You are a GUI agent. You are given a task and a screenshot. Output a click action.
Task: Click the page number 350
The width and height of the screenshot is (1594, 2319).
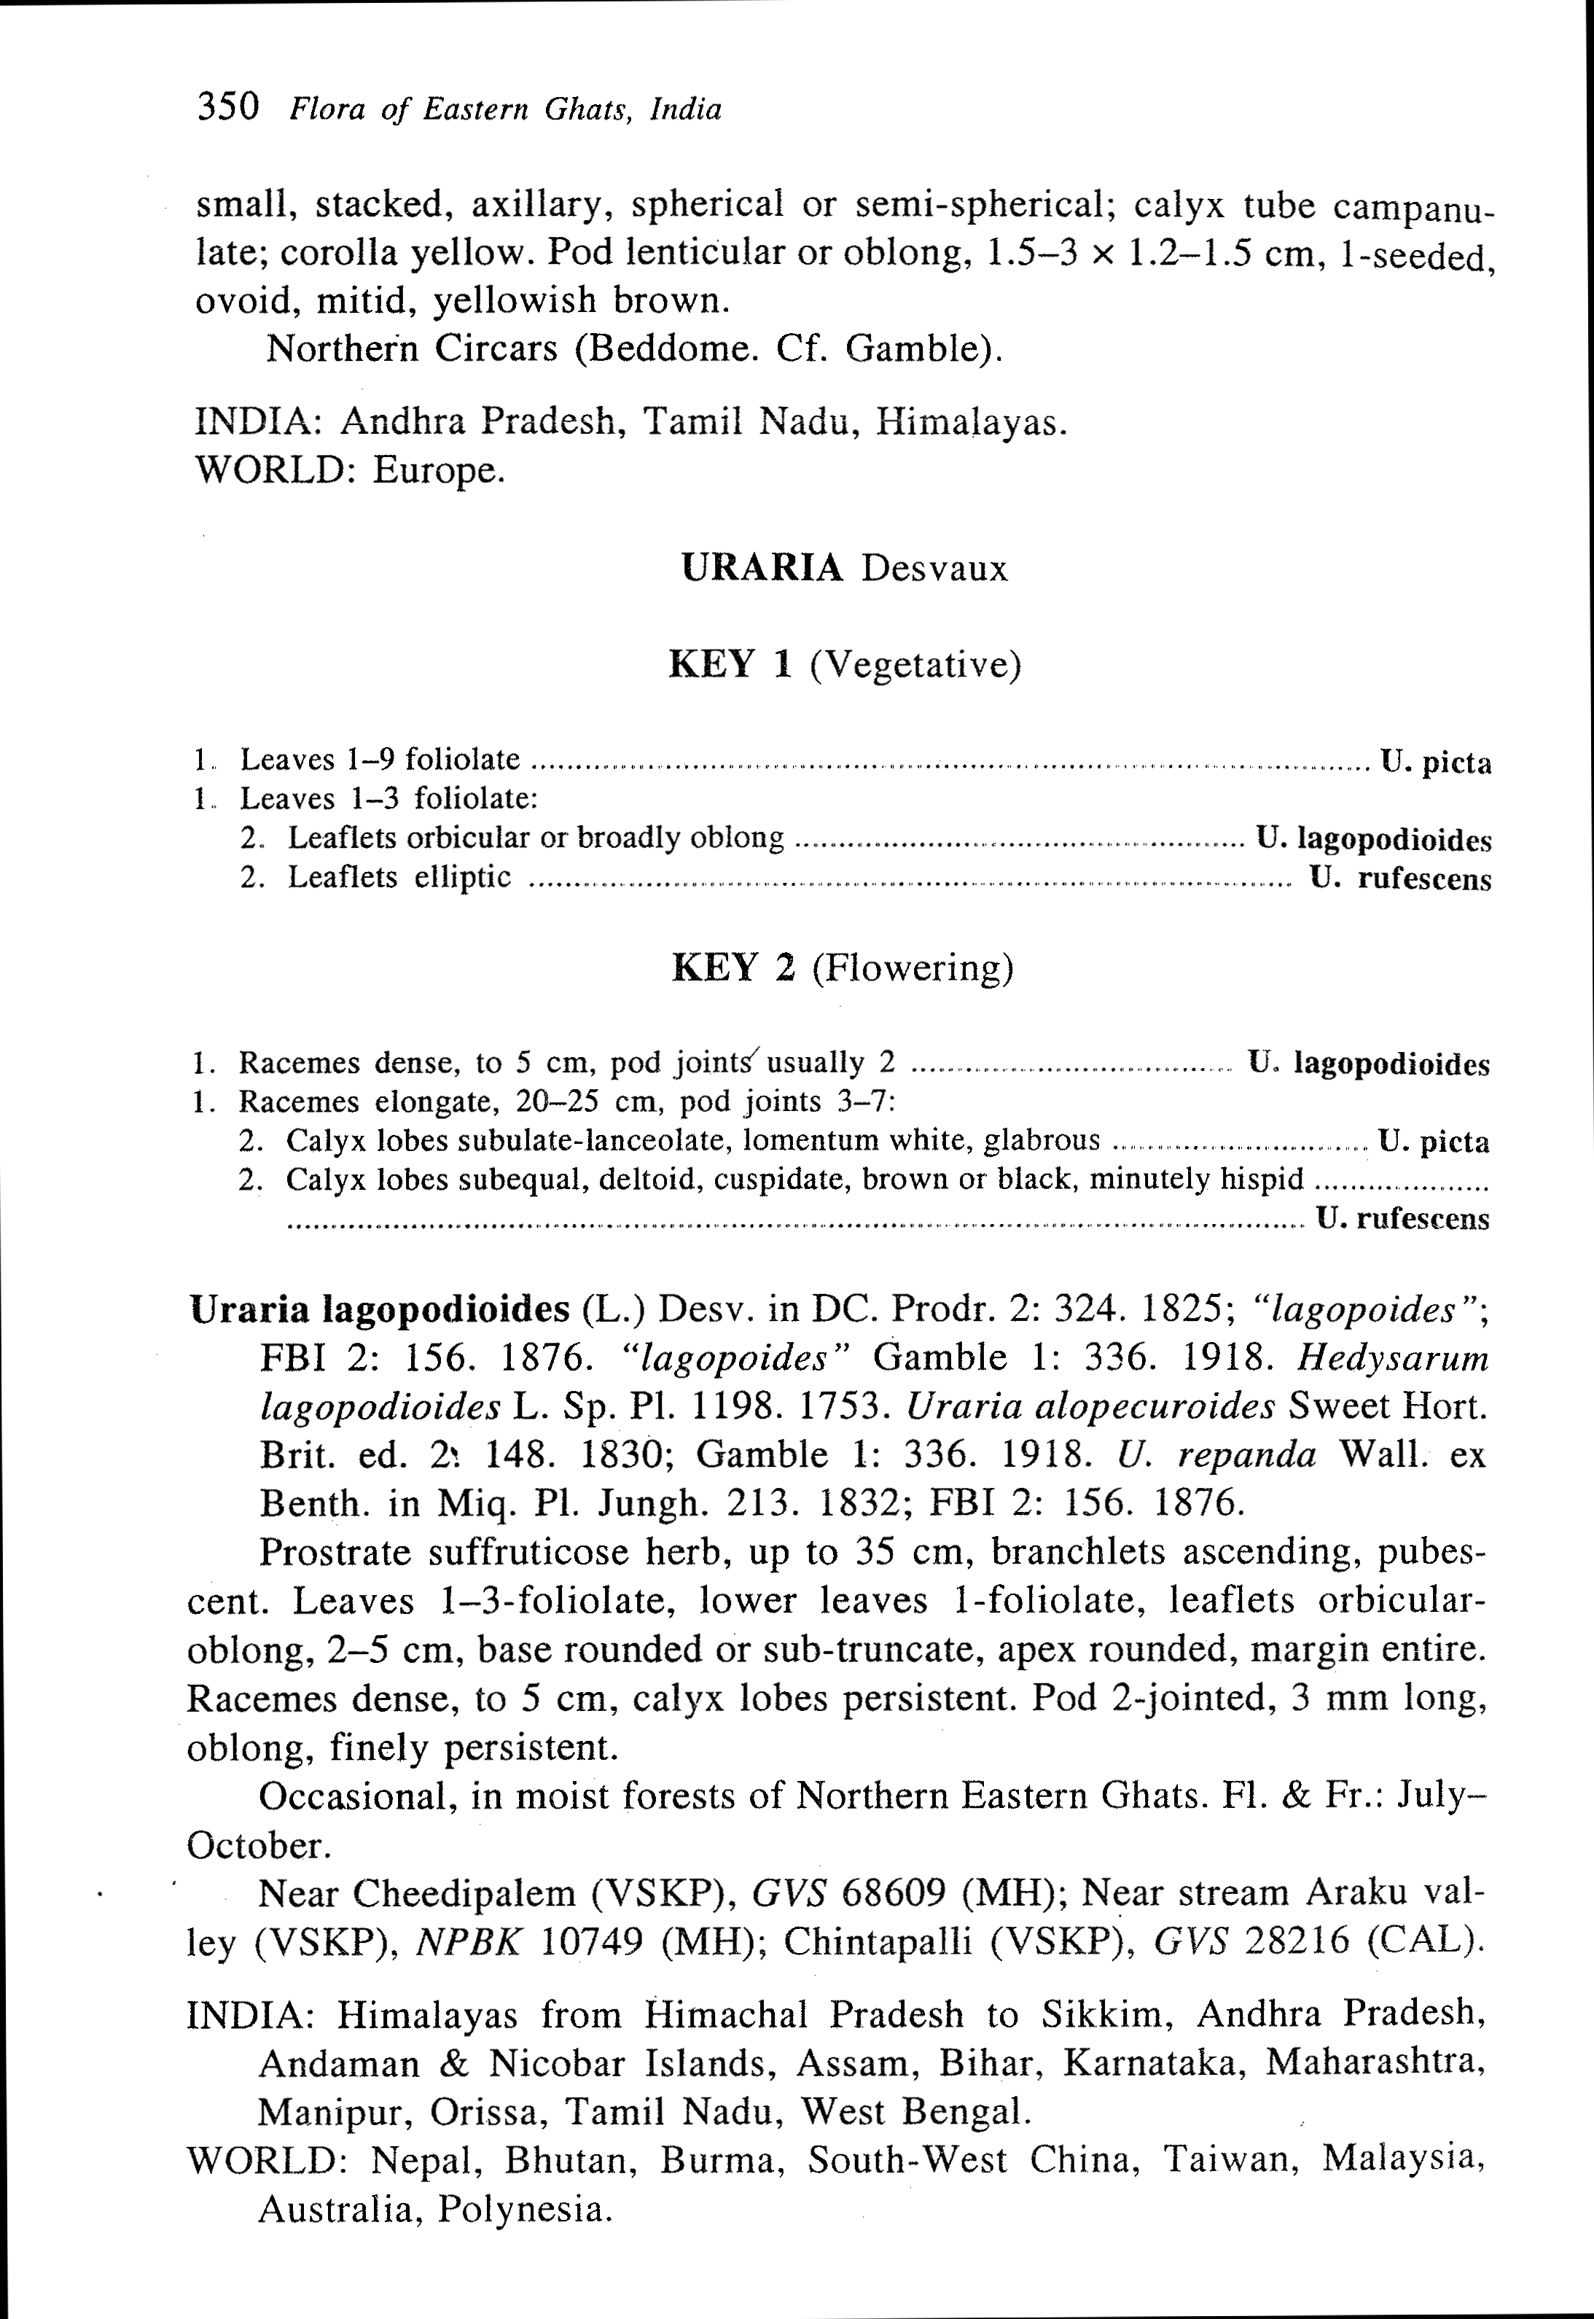point(229,106)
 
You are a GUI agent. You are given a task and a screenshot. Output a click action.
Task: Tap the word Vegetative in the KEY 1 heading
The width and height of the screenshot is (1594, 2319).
point(916,664)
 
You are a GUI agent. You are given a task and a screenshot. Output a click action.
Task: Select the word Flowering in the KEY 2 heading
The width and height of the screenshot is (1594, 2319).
point(912,967)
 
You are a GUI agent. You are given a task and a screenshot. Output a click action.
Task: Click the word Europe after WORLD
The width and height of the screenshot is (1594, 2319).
point(439,469)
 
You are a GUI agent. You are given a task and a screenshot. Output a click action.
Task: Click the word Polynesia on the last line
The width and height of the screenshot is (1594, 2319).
point(523,2208)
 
